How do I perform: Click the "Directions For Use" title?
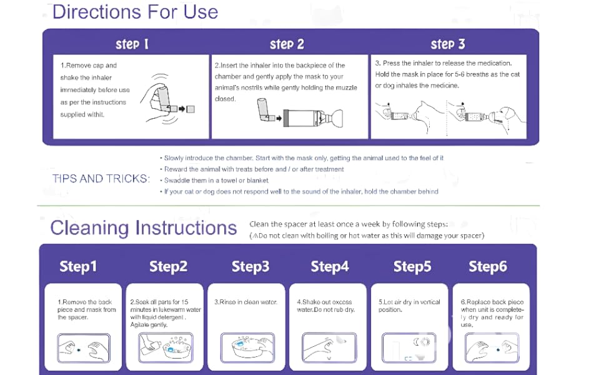tap(135, 12)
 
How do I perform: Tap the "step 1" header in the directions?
tap(132, 44)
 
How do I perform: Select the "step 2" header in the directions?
tap(287, 44)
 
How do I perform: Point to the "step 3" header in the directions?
tap(448, 44)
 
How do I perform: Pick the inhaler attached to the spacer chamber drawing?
tap(301, 117)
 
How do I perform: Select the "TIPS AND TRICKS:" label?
tap(101, 179)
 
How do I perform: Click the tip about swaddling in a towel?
tap(216, 181)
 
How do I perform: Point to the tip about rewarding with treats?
tap(254, 169)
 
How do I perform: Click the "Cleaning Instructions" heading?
tap(144, 227)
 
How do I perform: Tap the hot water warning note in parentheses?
tap(367, 236)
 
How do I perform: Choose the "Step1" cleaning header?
tap(78, 267)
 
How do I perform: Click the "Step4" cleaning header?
tap(330, 267)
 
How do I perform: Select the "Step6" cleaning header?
tap(487, 267)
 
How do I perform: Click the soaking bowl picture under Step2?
tap(166, 347)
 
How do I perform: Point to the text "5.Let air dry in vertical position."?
tap(409, 306)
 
